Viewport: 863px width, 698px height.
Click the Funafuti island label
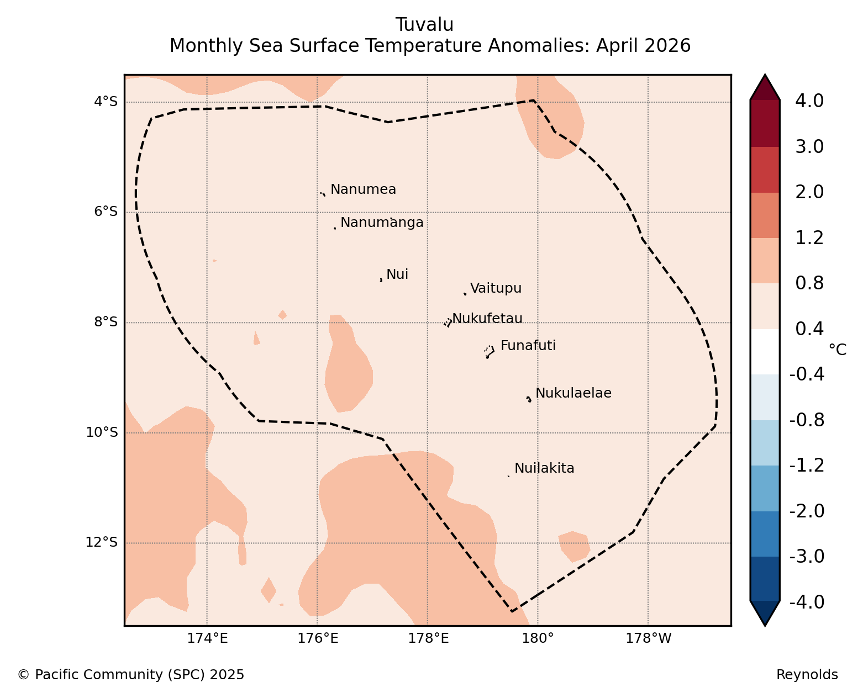coord(528,345)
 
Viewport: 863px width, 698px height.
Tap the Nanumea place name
coord(363,189)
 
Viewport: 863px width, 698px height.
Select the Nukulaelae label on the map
coord(573,393)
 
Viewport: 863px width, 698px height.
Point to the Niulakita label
coord(544,468)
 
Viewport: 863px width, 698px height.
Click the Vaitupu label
coord(496,288)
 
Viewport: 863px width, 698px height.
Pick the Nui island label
coord(397,274)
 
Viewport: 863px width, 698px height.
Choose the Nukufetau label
coord(487,318)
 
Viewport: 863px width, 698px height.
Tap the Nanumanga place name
coord(382,223)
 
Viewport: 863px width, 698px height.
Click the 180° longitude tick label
coord(537,638)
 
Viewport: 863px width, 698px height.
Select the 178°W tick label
coord(648,638)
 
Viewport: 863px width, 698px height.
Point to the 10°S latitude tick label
coord(102,432)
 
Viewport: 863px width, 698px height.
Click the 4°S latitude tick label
coord(106,101)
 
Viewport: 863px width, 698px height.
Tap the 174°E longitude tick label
coord(207,638)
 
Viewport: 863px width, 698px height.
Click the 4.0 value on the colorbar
coord(809,101)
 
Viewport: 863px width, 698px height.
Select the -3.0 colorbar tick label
coord(807,556)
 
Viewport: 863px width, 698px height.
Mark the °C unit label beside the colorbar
coord(838,350)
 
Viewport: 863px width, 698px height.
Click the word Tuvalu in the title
coord(424,25)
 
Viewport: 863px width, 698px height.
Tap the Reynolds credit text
coord(807,674)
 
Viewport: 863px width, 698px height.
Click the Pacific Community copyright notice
coord(131,674)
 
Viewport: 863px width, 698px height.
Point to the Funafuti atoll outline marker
coord(490,352)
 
